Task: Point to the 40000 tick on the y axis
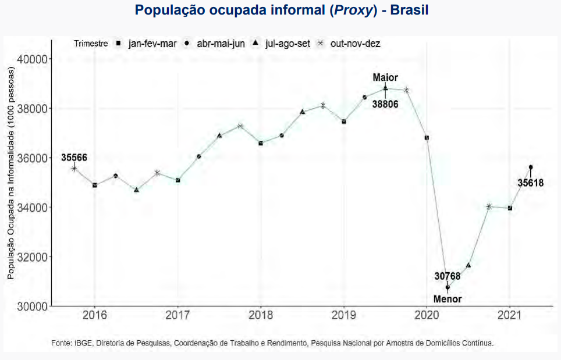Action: pyautogui.click(x=33, y=59)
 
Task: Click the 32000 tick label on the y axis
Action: pyautogui.click(x=33, y=256)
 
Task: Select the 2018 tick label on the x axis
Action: pyautogui.click(x=260, y=316)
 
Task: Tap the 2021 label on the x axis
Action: pyautogui.click(x=510, y=316)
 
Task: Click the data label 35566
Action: pyautogui.click(x=74, y=157)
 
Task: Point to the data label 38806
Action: pyautogui.click(x=385, y=104)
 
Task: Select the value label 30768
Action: pyautogui.click(x=448, y=276)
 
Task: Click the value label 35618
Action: pyautogui.click(x=531, y=183)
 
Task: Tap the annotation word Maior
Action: pyautogui.click(x=385, y=77)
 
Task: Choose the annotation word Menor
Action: pyautogui.click(x=448, y=299)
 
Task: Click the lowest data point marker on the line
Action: pyautogui.click(x=448, y=287)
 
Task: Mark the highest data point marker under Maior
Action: pyautogui.click(x=385, y=88)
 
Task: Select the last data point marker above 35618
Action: pyautogui.click(x=531, y=167)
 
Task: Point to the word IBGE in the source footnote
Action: pyautogui.click(x=80, y=343)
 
